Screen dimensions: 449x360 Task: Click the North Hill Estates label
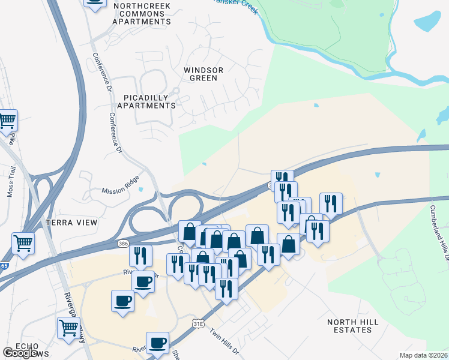(353, 326)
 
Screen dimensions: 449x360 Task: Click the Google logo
(19, 353)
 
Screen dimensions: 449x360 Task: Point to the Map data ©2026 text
(423, 355)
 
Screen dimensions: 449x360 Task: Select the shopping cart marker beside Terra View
(23, 243)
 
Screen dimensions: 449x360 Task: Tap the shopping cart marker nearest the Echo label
(69, 328)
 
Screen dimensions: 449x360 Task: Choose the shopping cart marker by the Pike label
(7, 120)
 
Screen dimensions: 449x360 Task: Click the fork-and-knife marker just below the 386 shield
(139, 256)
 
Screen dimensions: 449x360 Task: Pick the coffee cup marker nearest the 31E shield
(158, 343)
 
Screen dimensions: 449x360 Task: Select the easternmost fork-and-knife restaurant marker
(331, 203)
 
